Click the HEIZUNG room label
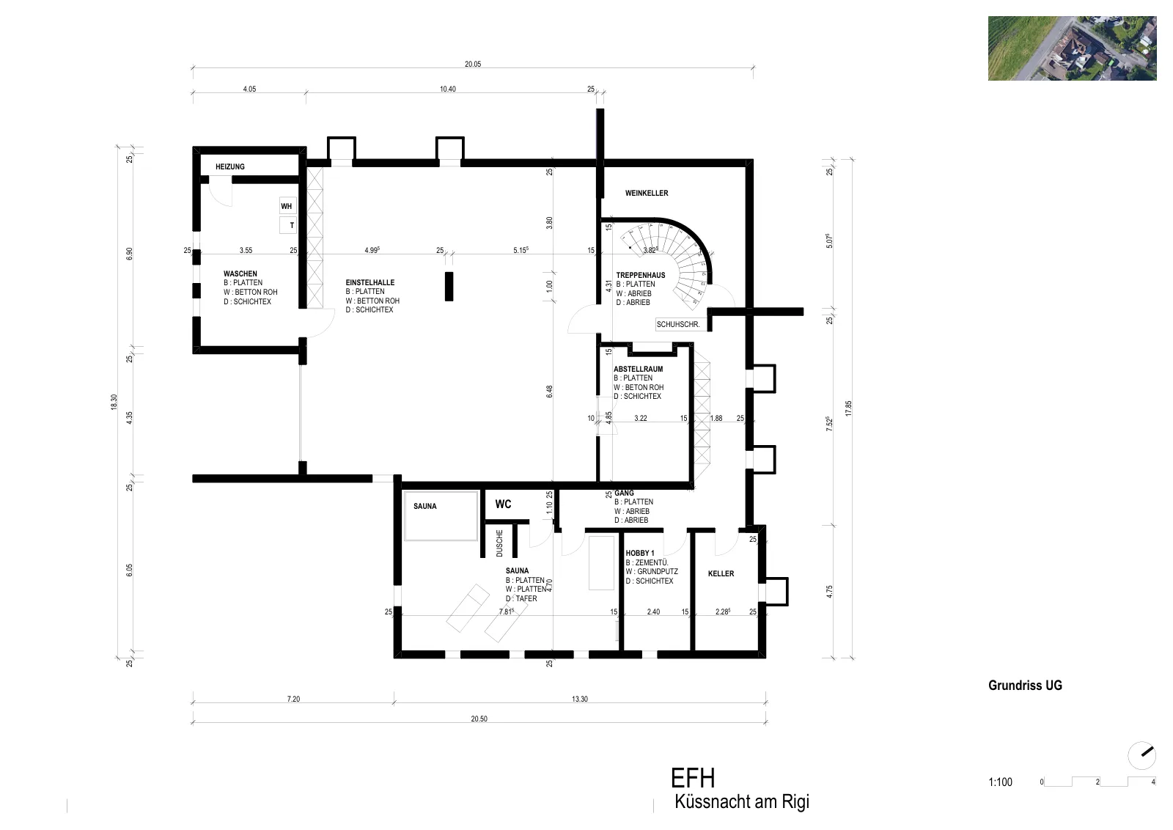pos(230,166)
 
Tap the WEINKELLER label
pos(647,194)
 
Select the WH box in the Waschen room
pos(287,206)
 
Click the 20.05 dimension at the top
pos(473,64)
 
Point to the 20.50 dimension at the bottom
pos(479,719)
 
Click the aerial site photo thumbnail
pos(1072,48)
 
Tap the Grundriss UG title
pos(1025,686)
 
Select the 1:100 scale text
pos(1000,782)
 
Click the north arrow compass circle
pos(1141,756)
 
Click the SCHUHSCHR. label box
pos(678,324)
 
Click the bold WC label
pos(503,504)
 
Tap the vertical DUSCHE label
pos(499,543)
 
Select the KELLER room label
pos(721,574)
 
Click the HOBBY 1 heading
pos(640,553)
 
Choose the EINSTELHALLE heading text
pos(369,282)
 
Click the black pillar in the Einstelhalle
pos(449,287)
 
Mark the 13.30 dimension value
pos(580,699)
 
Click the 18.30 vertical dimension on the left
pos(114,402)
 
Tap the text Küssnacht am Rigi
pos(742,801)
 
